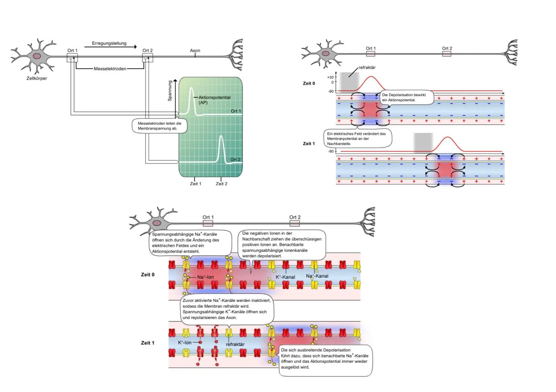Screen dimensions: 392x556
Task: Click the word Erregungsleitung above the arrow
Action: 109,43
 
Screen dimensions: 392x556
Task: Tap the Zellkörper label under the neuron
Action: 37,78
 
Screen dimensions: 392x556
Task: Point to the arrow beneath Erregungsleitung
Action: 110,47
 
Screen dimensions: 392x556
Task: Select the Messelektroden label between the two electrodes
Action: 110,69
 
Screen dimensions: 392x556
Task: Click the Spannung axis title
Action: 170,91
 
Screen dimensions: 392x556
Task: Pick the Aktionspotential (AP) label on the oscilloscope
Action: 214,100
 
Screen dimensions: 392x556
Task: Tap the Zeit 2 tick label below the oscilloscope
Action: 221,184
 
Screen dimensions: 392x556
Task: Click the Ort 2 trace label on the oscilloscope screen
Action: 235,160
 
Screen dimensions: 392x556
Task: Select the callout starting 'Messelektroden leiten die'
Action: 159,126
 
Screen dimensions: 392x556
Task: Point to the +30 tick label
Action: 330,77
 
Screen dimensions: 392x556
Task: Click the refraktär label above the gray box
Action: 367,68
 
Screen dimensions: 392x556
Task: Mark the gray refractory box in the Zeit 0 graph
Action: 349,82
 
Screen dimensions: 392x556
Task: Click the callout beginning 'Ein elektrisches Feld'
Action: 357,139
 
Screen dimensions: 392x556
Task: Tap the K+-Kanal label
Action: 285,277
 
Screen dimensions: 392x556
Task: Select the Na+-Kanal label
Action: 317,276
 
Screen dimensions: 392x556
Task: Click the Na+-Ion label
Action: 205,277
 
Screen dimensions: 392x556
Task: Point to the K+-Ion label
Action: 185,343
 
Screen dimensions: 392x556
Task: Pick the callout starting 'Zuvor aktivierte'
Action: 227,309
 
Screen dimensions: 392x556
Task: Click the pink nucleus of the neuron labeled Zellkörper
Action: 37,56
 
